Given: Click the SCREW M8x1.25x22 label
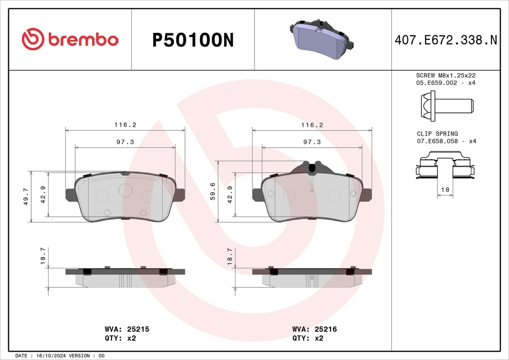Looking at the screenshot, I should click(445, 75).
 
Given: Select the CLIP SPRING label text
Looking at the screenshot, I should click(437, 134).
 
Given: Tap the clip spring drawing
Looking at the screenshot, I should click(444, 167).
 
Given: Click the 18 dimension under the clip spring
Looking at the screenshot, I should click(445, 190).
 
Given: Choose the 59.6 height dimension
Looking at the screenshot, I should click(213, 191).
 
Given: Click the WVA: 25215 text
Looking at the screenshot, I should click(127, 329).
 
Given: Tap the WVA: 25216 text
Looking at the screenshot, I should click(315, 329).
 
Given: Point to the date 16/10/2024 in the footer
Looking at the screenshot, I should click(51, 356).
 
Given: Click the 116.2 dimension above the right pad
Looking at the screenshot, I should click(312, 125).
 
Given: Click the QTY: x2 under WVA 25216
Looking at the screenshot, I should click(308, 338).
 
